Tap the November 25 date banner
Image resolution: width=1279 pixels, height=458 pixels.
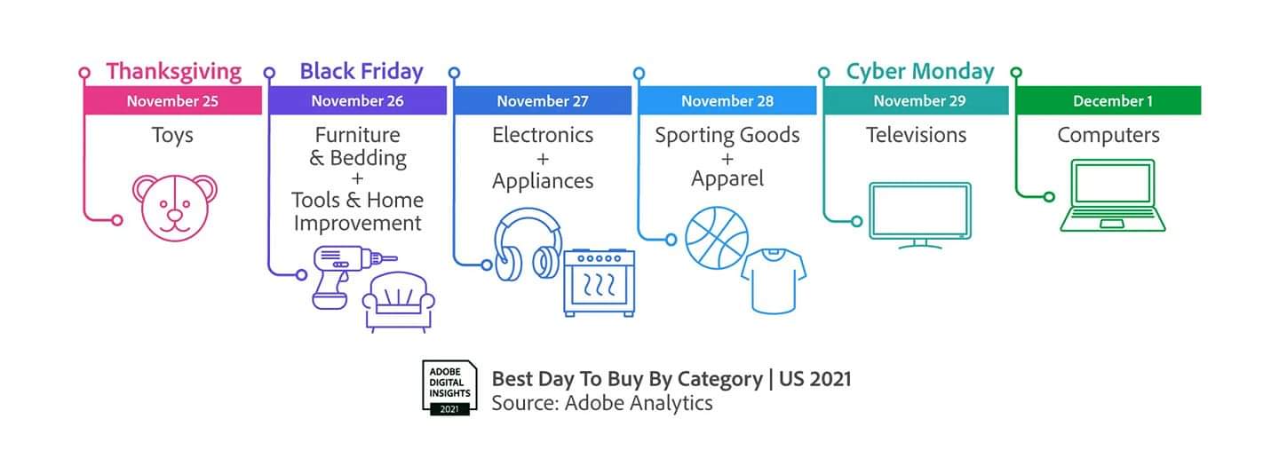172,100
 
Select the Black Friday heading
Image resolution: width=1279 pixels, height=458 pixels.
361,71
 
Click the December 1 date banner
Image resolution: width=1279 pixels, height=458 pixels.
1108,100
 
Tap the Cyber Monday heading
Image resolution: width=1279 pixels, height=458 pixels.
920,71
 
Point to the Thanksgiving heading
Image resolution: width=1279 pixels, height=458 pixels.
174,72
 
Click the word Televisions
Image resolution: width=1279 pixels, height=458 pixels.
916,135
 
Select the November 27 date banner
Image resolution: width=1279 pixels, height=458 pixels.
543,100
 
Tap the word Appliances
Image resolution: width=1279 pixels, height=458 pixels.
543,181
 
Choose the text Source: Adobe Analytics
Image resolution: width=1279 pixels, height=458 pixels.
602,403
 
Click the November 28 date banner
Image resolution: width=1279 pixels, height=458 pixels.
727,100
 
